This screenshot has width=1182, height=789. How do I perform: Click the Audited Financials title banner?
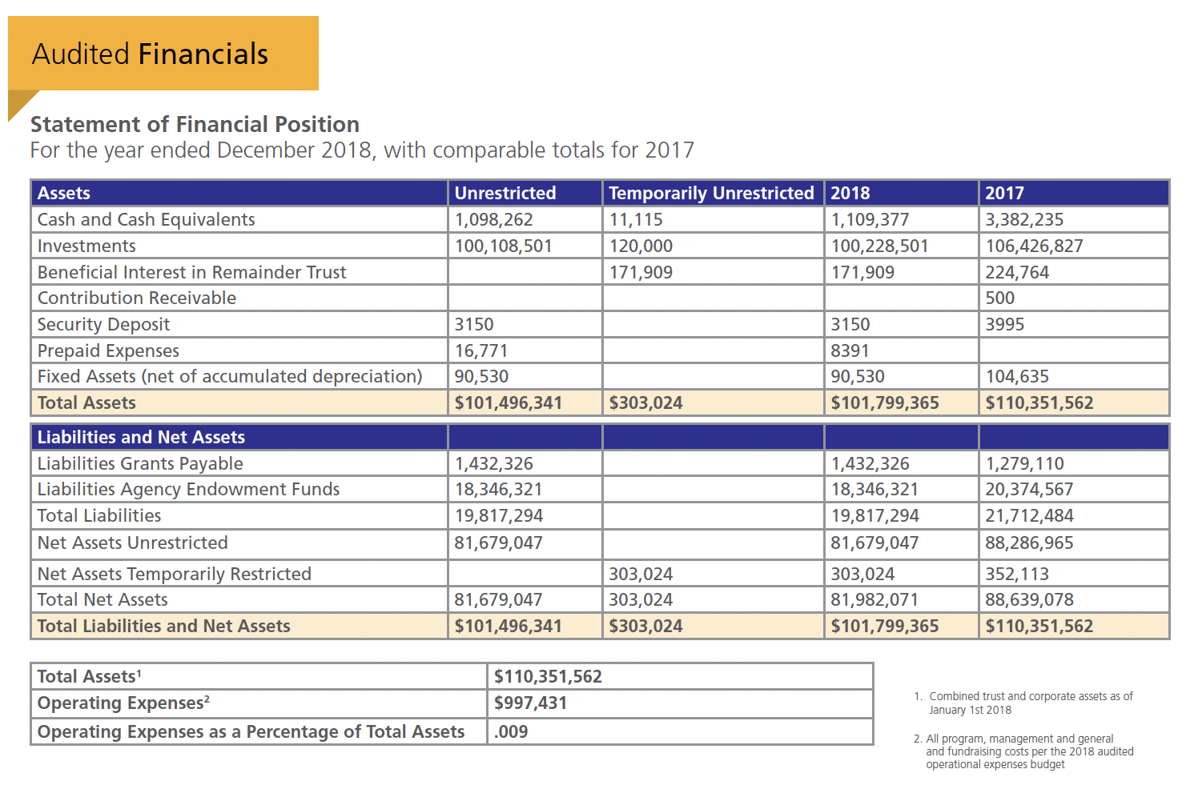point(163,54)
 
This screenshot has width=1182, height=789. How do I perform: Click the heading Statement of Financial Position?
point(195,124)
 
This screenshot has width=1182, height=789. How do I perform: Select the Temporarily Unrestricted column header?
point(711,193)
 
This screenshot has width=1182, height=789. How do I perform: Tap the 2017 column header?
point(1004,193)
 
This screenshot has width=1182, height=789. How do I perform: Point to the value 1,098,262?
point(493,219)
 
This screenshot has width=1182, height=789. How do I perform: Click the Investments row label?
point(86,246)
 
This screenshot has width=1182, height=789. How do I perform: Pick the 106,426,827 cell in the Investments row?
point(1033,246)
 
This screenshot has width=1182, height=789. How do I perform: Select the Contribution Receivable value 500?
point(999,298)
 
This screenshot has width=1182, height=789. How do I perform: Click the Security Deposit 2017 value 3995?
point(1004,324)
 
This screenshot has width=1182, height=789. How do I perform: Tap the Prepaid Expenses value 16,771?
point(481,350)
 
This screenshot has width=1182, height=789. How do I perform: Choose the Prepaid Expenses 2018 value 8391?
point(850,350)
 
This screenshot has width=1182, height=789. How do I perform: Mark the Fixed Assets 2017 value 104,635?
point(1016,376)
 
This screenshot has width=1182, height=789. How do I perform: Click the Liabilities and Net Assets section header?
point(141,437)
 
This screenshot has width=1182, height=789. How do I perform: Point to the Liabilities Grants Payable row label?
point(140,463)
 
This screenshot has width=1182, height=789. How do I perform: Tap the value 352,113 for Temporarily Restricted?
point(1016,574)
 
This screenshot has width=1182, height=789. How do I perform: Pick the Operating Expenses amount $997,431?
point(530,703)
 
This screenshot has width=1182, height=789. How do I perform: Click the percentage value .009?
point(511,731)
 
